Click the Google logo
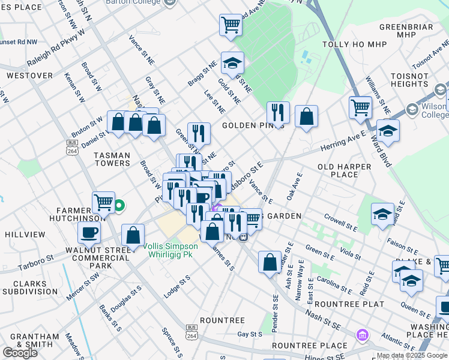point(20,353)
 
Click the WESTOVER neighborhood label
point(29,76)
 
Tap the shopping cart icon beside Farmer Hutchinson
point(103,203)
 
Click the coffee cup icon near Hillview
point(89,232)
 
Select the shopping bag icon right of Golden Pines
point(306,116)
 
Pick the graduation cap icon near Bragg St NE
point(232,62)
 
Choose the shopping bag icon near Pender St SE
point(270,261)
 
